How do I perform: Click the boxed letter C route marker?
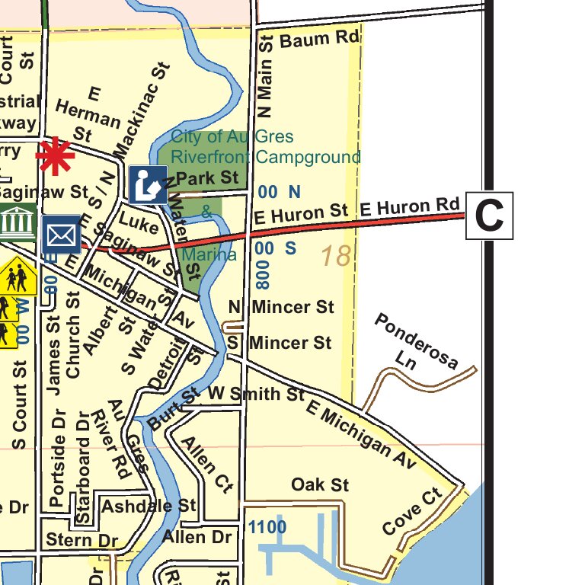click(489, 216)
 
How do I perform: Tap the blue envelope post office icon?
click(61, 234)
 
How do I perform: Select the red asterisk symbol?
click(56, 156)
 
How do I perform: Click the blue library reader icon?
click(148, 184)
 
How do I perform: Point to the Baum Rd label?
click(319, 39)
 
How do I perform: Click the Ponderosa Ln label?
click(415, 343)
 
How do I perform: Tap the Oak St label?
click(320, 484)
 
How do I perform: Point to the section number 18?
click(334, 256)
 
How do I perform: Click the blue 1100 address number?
click(267, 527)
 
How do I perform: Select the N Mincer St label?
click(282, 307)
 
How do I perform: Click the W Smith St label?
click(257, 394)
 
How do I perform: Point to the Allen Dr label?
click(196, 537)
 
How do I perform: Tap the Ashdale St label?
click(149, 506)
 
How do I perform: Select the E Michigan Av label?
click(361, 432)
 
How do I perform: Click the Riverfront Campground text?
click(265, 158)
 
